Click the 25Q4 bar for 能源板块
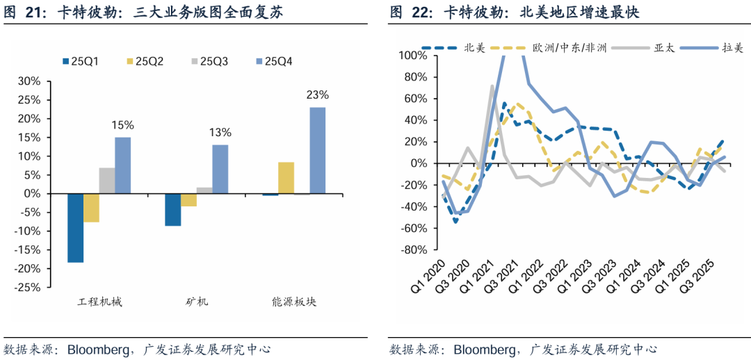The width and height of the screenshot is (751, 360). tap(317, 150)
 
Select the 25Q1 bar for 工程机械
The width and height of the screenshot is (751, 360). tap(75, 228)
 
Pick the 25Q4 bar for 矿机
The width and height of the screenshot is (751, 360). tap(220, 169)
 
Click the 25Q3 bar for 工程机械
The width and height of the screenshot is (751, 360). tap(106, 181)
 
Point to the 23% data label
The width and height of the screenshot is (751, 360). tap(317, 95)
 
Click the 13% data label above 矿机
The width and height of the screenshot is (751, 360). tap(220, 133)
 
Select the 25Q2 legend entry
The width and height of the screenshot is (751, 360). tap(144, 62)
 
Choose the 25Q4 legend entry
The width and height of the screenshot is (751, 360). tap(273, 62)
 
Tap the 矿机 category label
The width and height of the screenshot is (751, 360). tap(197, 302)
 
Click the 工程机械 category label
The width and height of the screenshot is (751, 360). tap(99, 302)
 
